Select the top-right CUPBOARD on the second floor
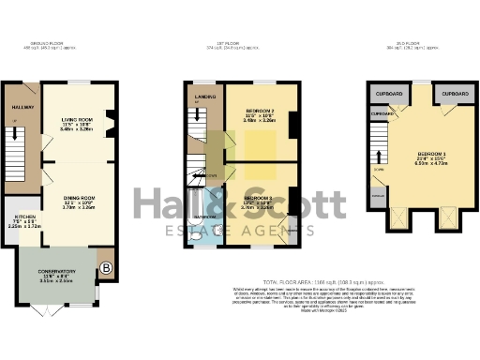[454, 95]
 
